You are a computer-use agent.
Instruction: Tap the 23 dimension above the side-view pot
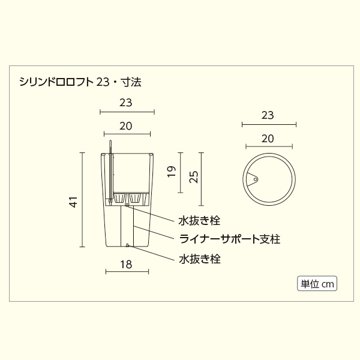[126, 102]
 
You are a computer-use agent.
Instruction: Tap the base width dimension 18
[126, 263]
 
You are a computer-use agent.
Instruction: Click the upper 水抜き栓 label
[199, 220]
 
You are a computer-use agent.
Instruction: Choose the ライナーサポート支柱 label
[230, 239]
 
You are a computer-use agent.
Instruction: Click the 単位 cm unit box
[317, 283]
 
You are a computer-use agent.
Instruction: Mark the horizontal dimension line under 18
[126, 272]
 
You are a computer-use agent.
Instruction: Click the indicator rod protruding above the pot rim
[110, 147]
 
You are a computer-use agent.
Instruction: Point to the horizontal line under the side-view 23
[127, 111]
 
